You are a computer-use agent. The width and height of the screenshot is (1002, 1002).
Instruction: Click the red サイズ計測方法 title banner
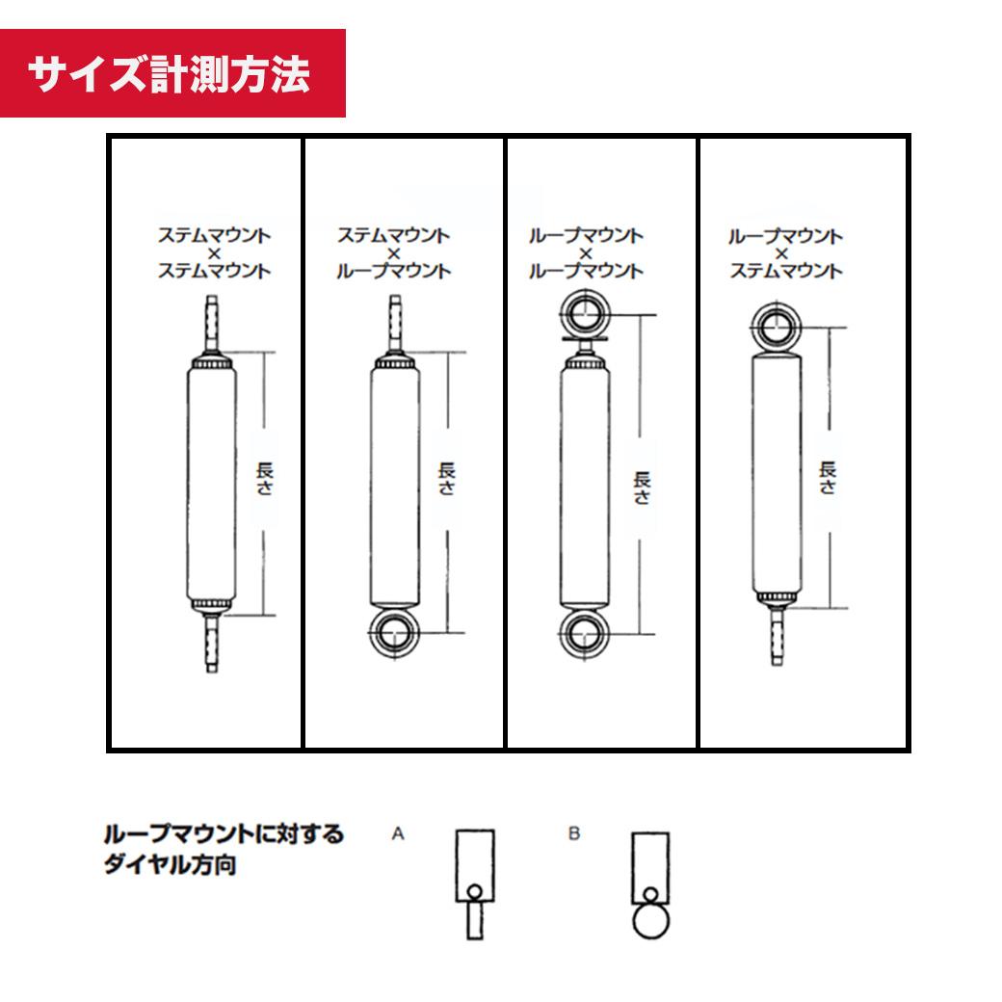[x=172, y=73]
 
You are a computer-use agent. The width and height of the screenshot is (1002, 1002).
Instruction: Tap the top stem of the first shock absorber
[x=212, y=323]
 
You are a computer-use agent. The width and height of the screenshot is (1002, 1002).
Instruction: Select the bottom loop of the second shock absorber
[x=394, y=633]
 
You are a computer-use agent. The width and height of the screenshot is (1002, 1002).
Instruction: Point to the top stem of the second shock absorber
[x=395, y=323]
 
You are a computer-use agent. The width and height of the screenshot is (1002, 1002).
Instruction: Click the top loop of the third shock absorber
[x=585, y=314]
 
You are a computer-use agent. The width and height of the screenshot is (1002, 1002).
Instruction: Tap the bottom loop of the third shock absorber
[x=584, y=635]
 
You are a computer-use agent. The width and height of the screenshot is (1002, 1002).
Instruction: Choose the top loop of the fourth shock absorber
[x=776, y=327]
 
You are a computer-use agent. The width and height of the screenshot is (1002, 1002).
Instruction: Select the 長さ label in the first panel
[x=265, y=479]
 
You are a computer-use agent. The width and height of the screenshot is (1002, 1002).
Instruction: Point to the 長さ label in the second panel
[x=447, y=479]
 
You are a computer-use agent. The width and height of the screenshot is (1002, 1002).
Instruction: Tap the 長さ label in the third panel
[x=642, y=488]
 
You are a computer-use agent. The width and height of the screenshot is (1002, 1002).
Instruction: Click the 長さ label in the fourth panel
[x=828, y=478]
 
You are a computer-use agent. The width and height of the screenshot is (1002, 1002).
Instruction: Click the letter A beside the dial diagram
[x=398, y=833]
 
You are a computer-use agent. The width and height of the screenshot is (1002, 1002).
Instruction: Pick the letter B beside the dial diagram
[x=574, y=833]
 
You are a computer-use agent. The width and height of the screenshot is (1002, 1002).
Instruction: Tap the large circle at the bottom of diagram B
[x=650, y=921]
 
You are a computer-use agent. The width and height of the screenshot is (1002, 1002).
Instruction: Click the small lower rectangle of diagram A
[x=475, y=920]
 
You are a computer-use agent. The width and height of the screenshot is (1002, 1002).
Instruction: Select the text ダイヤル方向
[x=170, y=864]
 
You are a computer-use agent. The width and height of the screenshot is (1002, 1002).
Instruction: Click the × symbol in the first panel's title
[x=214, y=253]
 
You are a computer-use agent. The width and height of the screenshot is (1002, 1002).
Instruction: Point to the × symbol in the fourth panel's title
[x=781, y=254]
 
